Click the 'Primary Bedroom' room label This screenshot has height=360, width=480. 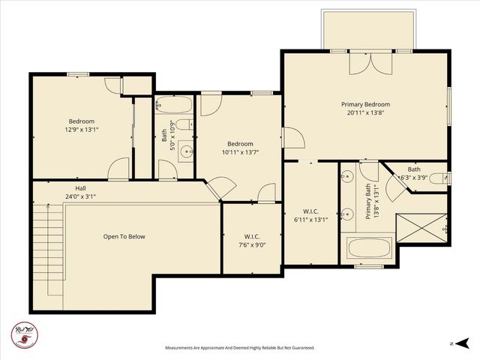365,104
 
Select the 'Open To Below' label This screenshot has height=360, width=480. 124,236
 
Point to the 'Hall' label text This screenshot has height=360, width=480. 79,188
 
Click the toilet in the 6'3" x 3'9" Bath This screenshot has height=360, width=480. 445,178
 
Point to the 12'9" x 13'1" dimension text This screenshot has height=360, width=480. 82,130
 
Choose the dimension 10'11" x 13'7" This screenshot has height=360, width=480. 241,152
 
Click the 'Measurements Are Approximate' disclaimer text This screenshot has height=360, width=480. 240,348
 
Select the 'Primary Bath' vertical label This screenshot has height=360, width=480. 368,202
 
